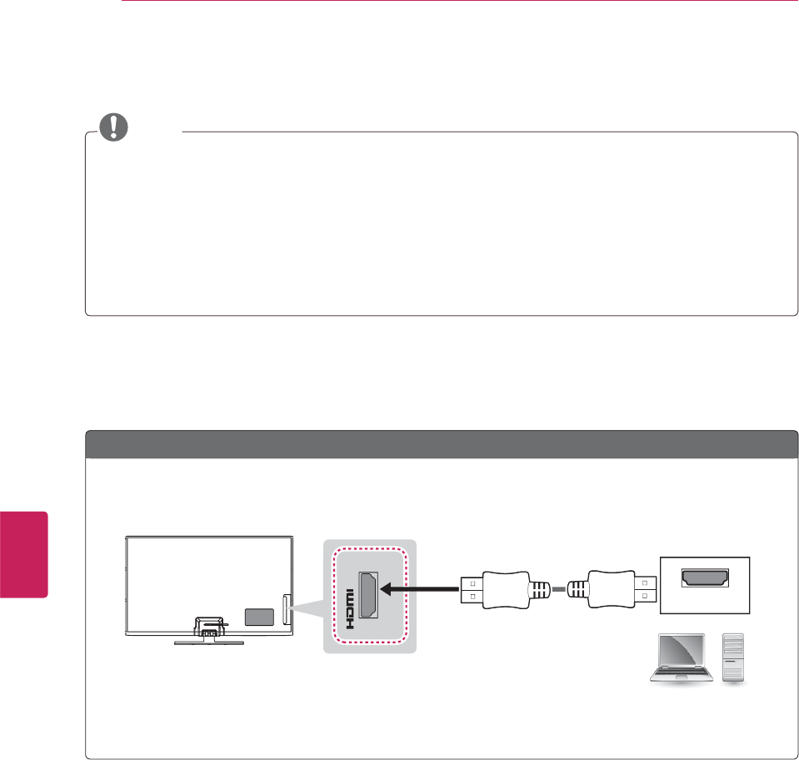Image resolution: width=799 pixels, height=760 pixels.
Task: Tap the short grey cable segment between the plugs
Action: (x=557, y=589)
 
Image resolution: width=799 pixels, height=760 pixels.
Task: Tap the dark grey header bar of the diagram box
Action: (x=442, y=444)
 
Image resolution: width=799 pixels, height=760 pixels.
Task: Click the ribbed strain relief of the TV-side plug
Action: (x=540, y=589)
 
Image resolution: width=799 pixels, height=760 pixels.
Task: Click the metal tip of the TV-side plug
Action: (x=472, y=589)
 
